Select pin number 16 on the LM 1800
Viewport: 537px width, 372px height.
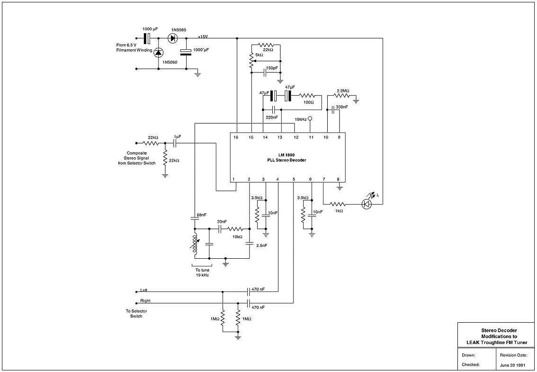(235, 137)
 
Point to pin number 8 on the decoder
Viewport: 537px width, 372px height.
(338, 179)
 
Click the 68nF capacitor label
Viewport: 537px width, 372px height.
(202, 215)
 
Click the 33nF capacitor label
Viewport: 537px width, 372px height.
(222, 222)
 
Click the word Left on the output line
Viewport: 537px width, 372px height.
(144, 290)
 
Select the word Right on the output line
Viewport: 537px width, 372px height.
(145, 301)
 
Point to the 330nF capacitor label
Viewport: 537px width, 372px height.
(341, 107)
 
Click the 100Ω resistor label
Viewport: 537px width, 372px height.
(308, 102)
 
